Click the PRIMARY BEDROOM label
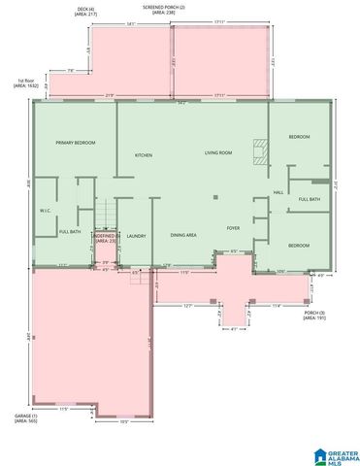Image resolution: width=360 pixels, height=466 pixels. (75, 143)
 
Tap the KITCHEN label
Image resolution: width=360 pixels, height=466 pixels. (144, 155)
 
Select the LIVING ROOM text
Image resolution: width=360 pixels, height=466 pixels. (217, 153)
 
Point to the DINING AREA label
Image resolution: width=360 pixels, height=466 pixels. (184, 236)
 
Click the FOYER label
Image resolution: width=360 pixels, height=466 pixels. (233, 228)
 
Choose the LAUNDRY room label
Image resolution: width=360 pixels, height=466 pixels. (136, 236)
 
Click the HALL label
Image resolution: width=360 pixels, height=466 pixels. (278, 192)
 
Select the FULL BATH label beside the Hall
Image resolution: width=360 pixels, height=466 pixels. (309, 200)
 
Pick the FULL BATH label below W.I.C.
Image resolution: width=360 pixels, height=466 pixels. (70, 232)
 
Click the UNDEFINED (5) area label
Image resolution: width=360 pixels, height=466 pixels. (105, 238)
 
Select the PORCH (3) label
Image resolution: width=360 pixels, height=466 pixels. (313, 315)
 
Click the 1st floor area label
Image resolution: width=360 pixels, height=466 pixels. (26, 84)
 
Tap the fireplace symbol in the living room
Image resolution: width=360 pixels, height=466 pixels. (258, 150)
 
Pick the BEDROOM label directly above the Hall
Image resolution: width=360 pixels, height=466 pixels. (299, 137)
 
